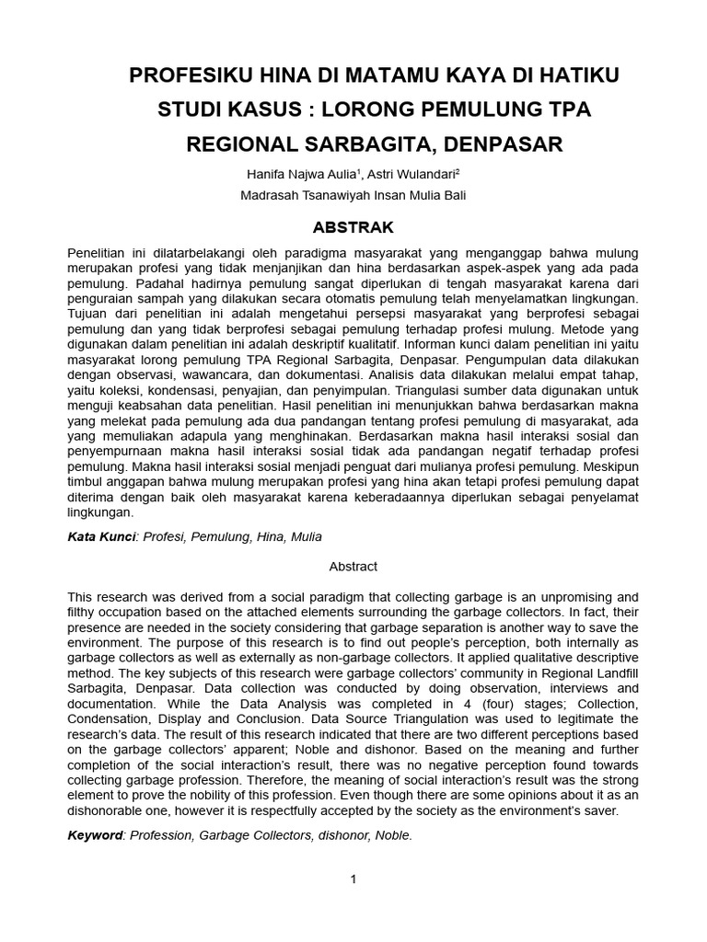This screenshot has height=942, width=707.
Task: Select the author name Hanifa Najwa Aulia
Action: (302, 174)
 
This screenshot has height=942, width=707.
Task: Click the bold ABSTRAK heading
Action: (353, 227)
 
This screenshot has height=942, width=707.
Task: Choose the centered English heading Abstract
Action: (353, 567)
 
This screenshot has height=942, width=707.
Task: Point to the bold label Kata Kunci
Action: (101, 536)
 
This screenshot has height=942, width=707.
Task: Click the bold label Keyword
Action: (96, 835)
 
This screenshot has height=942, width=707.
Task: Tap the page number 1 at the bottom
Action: (353, 879)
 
